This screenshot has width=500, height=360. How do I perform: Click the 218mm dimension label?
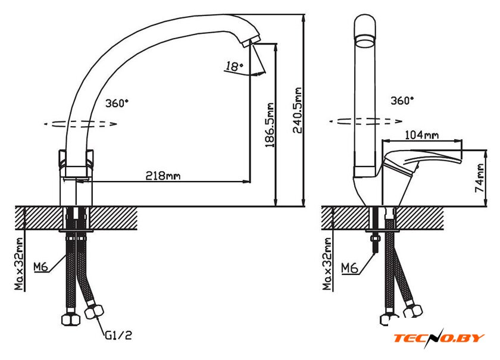pyautogui.click(x=164, y=176)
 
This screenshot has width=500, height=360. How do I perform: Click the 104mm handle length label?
pyautogui.click(x=421, y=135)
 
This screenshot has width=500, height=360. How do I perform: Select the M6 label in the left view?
pyautogui.click(x=40, y=267)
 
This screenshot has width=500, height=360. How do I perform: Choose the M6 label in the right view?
pyautogui.click(x=349, y=268)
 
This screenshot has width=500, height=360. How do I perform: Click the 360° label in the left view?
pyautogui.click(x=117, y=103)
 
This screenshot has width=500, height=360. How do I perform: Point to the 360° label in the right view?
pyautogui.click(x=402, y=101)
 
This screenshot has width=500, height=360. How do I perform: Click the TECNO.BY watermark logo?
pyautogui.click(x=439, y=339)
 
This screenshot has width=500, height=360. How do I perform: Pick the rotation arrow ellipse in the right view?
pyautogui.click(x=365, y=121)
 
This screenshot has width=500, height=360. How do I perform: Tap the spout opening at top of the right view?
pyautogui.click(x=365, y=40)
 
